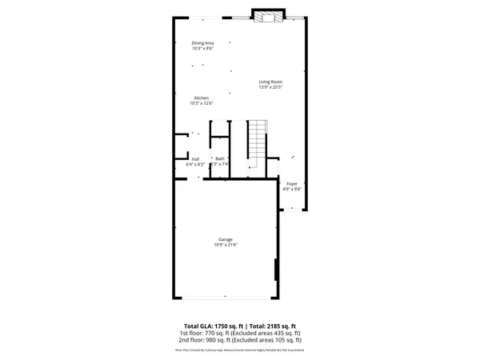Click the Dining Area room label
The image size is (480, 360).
point(202,42)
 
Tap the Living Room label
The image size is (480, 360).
point(270,82)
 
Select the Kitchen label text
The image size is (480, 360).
point(201,98)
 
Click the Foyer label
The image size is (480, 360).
point(292,183)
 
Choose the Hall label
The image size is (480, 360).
point(195,158)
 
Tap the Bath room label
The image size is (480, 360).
point(220,158)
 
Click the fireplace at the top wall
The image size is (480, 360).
point(268,17)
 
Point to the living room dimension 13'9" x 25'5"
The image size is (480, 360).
point(270,87)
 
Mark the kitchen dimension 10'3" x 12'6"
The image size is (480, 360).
point(201,103)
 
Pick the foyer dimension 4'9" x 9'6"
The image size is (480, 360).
point(292,189)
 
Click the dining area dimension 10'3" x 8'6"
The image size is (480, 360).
point(202,48)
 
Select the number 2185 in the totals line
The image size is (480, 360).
point(278,326)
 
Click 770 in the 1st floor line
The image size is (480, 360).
point(213,334)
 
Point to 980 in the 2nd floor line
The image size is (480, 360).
point(214,341)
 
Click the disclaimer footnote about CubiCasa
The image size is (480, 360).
point(240,350)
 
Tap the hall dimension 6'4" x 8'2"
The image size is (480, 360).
point(196,164)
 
